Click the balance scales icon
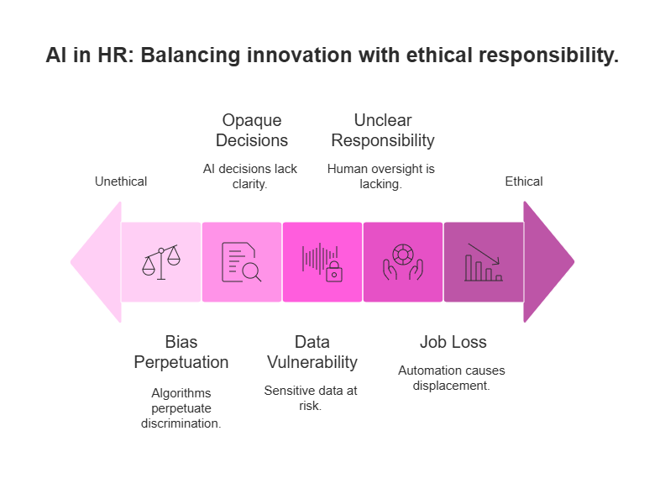coord(161,262)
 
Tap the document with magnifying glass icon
coord(241,262)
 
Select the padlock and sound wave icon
coord(322,262)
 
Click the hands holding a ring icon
coord(402,262)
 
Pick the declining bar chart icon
coord(483,262)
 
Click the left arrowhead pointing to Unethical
coord(95,262)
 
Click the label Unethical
coord(121,181)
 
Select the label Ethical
coord(523,181)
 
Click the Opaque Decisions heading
coord(251,130)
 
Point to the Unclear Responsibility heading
coord(382,130)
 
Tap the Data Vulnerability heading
coord(312,352)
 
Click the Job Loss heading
coord(453,342)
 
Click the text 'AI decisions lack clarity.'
coord(250,176)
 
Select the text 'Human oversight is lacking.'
coord(380,176)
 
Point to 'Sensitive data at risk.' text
coord(312,397)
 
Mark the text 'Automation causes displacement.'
coord(452,377)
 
